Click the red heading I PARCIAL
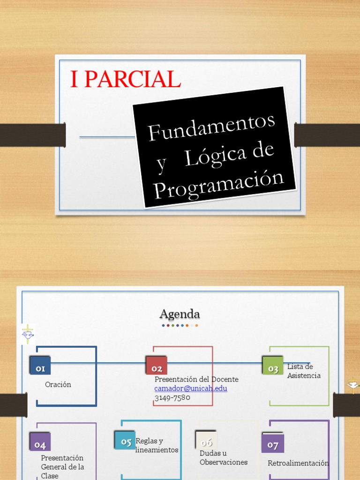pos(125,80)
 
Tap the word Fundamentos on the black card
pos(211,127)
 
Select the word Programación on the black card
pos(219,185)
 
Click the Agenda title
pos(180,314)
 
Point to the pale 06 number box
pos(206,442)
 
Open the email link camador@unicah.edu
pos(191,389)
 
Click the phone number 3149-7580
pos(172,397)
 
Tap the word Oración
pos(58,384)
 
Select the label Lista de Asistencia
pos(304,371)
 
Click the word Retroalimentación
pos(298,463)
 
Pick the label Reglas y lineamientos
pos(157,445)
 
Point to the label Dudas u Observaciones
pos(224,457)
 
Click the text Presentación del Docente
pos(196,379)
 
